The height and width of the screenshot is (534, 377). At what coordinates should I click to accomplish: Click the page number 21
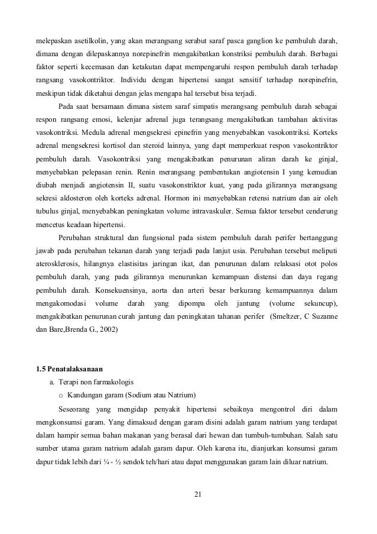pos(188,493)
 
